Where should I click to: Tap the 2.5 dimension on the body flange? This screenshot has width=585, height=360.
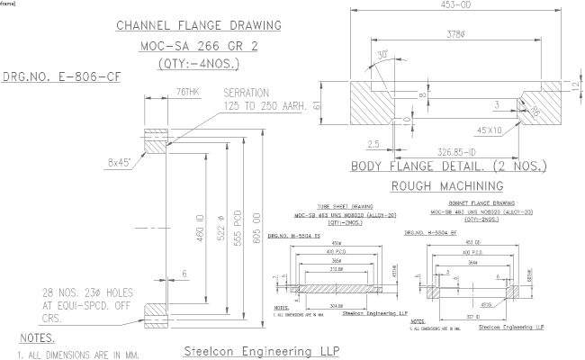pos(372,142)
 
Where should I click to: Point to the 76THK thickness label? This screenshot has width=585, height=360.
pos(188,92)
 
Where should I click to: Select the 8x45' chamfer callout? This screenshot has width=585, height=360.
pos(117,163)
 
